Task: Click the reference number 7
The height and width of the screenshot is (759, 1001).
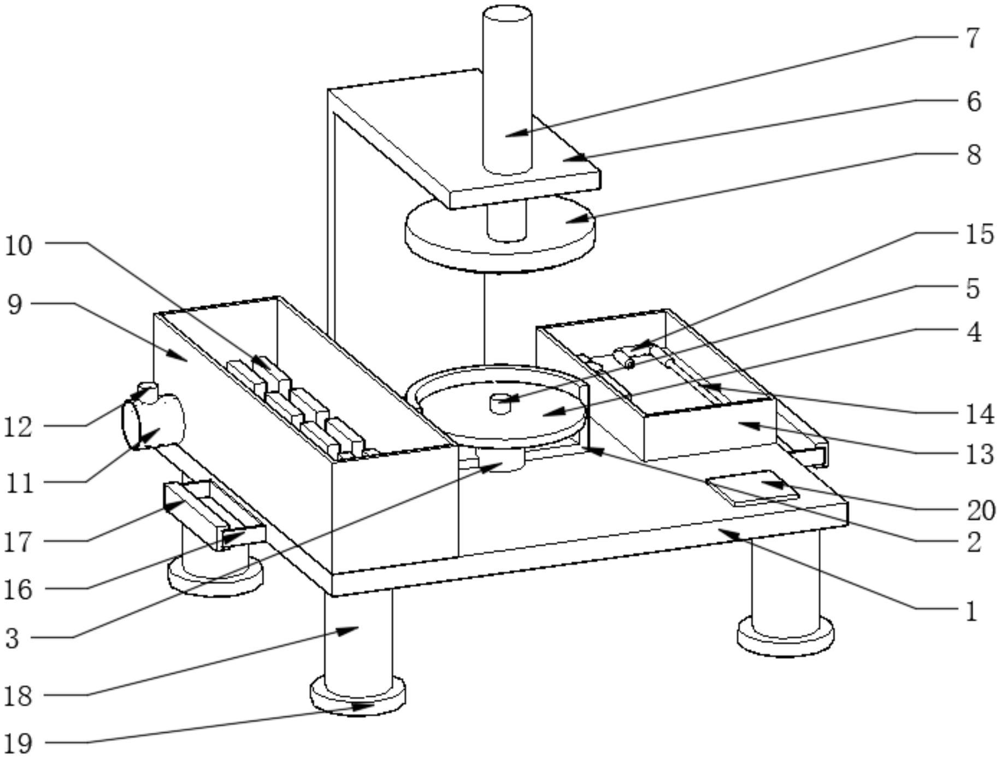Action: pyautogui.click(x=972, y=38)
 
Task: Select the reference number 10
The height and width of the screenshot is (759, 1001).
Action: pyautogui.click(x=19, y=246)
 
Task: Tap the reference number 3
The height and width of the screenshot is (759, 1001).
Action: pyautogui.click(x=13, y=638)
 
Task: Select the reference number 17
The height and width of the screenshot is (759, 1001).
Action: pyautogui.click(x=19, y=543)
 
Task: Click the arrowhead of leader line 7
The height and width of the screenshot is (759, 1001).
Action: pyautogui.click(x=508, y=134)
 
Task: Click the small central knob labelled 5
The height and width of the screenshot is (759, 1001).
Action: pyautogui.click(x=500, y=403)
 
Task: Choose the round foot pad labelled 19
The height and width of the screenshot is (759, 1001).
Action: pyautogui.click(x=358, y=698)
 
